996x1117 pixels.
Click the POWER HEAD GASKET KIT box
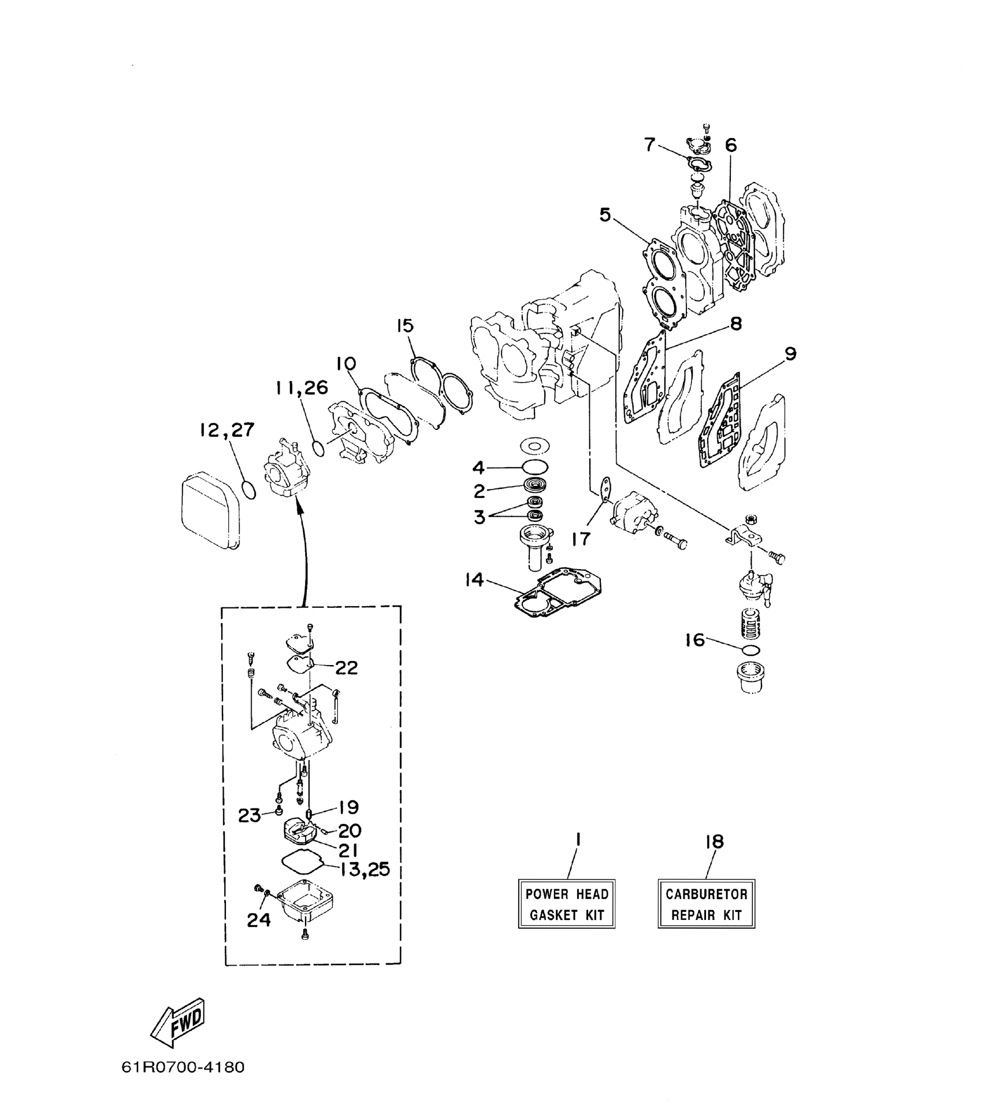pos(566,904)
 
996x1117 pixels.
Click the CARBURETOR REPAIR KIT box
pos(706,904)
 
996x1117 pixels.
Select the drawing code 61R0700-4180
pos(183,1082)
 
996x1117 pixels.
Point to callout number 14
pos(474,580)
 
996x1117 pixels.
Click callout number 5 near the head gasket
pos(604,215)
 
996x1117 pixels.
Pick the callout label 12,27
pos(226,430)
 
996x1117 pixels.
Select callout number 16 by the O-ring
pos(694,640)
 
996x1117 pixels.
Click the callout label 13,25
pos(365,869)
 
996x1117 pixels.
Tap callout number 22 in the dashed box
pos(346,667)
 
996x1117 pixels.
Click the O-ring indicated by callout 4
pos(535,467)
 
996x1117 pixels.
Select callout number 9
pos(790,353)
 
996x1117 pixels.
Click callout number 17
pos(581,539)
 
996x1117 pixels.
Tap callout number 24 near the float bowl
pos(258,919)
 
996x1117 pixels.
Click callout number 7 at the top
pos(649,144)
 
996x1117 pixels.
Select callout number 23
pos(250,815)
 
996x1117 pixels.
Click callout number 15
pos(405,325)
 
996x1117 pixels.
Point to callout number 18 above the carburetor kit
pos(714,842)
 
